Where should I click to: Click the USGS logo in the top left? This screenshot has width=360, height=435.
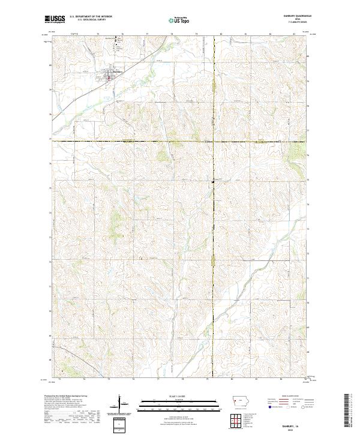(x=54, y=20)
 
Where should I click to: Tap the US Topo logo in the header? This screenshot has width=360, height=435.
(x=179, y=20)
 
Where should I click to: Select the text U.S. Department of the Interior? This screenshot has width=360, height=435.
(x=91, y=17)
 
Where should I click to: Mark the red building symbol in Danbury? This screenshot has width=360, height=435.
(x=109, y=77)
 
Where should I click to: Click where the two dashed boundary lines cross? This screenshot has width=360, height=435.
(x=214, y=141)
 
